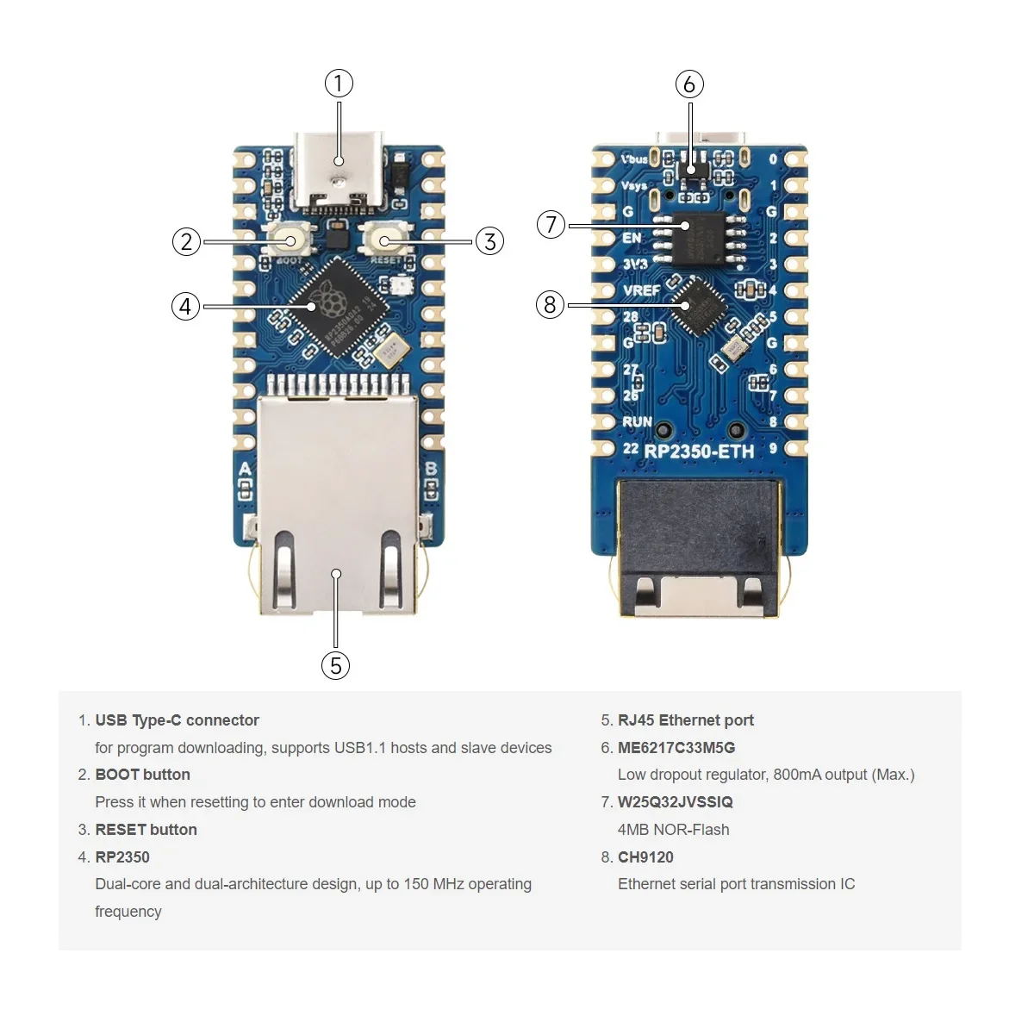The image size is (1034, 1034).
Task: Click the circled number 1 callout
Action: (339, 84)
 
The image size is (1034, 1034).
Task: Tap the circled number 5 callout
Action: (335, 665)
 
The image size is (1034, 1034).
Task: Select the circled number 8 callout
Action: (551, 304)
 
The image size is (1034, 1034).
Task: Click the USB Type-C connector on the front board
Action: (339, 172)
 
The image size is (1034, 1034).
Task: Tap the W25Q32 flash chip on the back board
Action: (700, 236)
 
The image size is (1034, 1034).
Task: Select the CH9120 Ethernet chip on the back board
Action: (696, 305)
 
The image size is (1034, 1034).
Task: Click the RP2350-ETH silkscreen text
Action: (699, 451)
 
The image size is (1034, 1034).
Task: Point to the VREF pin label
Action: (641, 290)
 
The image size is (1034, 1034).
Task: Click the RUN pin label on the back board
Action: (637, 421)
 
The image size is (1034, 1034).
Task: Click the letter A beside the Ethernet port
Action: (246, 470)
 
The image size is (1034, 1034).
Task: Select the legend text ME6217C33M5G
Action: (676, 747)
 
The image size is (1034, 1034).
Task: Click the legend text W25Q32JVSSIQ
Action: (675, 801)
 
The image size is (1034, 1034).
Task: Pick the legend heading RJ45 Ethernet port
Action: (685, 720)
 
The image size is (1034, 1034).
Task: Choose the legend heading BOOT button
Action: (142, 775)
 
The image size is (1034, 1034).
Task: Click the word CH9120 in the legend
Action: (645, 856)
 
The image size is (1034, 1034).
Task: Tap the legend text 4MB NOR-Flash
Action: (673, 829)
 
